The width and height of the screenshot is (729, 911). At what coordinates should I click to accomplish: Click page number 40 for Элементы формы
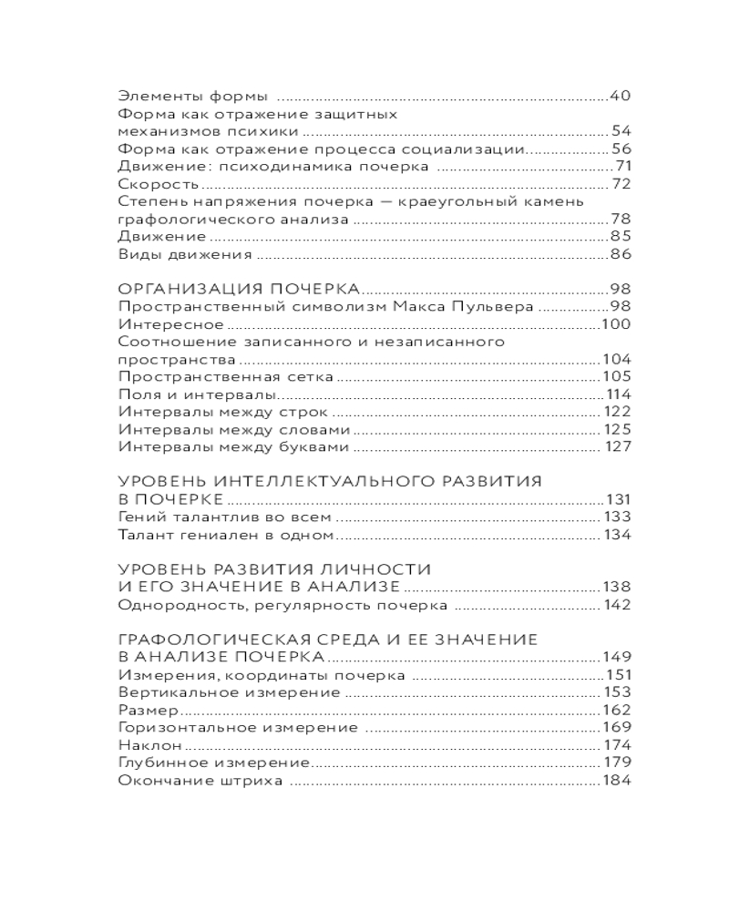coord(620,96)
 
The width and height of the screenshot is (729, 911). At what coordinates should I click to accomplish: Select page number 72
coord(622,184)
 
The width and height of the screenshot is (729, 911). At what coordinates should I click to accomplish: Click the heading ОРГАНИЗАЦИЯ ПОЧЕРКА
coord(239,289)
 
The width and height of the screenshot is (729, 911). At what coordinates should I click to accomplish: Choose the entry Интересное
coord(171,323)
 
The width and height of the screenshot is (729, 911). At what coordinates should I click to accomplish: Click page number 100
coord(617,323)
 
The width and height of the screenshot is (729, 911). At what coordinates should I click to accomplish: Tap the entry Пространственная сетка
coord(225,376)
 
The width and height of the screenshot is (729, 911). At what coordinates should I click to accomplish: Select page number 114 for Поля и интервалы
coord(619,394)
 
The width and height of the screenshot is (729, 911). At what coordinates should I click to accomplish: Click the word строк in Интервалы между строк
coord(322,412)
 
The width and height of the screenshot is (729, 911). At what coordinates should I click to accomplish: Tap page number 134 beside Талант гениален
coord(617,534)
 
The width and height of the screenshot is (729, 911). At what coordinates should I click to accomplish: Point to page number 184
coord(617,780)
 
